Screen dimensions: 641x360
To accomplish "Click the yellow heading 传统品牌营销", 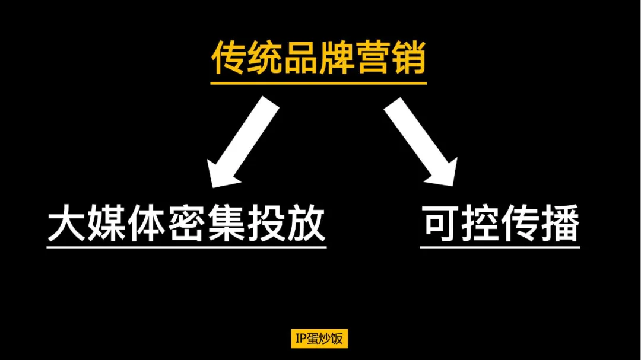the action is click(319, 58).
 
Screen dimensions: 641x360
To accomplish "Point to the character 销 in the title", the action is click(409, 58).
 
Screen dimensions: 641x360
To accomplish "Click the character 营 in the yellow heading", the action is click(373, 58).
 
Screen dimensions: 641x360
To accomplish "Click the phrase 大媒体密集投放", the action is click(186, 223).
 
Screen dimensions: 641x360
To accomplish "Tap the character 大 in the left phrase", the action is click(66, 223).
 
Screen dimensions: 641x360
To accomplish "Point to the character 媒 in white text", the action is click(106, 223).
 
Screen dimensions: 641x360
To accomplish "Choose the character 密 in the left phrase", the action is click(186, 223).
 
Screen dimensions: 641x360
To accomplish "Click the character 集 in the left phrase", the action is click(227, 223).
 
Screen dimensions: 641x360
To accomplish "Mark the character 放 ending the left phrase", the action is click(307, 223).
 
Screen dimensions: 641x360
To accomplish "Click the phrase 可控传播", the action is click(500, 223).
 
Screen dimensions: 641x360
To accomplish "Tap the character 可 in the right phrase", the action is click(440, 223).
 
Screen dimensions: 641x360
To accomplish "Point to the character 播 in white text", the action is click(560, 223).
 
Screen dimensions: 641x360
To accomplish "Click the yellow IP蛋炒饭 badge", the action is click(319, 338).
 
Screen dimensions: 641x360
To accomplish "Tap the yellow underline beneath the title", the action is click(319, 83).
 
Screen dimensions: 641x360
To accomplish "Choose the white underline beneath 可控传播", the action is click(500, 247).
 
